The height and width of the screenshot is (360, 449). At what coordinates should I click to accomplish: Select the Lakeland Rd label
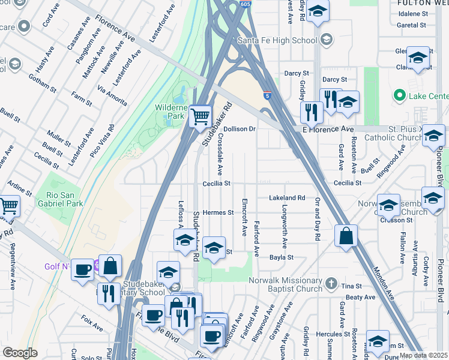pos(287,197)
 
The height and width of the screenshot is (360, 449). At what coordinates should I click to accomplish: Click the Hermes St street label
pos(218,212)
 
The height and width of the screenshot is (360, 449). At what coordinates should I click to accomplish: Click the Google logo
pos(20,353)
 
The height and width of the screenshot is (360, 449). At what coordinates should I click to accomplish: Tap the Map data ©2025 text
pos(423,355)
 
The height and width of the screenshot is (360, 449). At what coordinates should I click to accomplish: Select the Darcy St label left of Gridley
pos(296,73)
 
